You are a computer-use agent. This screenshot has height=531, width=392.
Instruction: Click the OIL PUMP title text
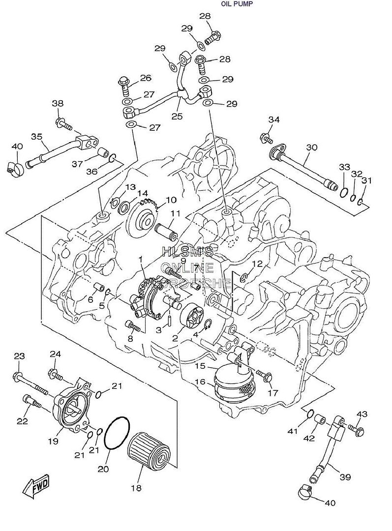pyautogui.click(x=238, y=4)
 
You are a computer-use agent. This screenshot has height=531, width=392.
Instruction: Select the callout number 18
pyautogui.click(x=136, y=488)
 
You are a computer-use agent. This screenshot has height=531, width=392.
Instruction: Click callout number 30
pyautogui.click(x=311, y=147)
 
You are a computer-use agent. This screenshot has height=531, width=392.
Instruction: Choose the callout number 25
pyautogui.click(x=177, y=117)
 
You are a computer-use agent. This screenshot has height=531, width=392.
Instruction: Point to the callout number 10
pyautogui.click(x=171, y=200)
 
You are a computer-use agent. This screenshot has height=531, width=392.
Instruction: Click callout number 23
pyautogui.click(x=19, y=356)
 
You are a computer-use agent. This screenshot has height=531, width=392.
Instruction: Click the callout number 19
pyautogui.click(x=53, y=441)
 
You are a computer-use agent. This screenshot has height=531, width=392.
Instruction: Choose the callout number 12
pyautogui.click(x=258, y=264)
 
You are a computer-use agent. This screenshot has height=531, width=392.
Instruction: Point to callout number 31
pyautogui.click(x=366, y=181)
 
